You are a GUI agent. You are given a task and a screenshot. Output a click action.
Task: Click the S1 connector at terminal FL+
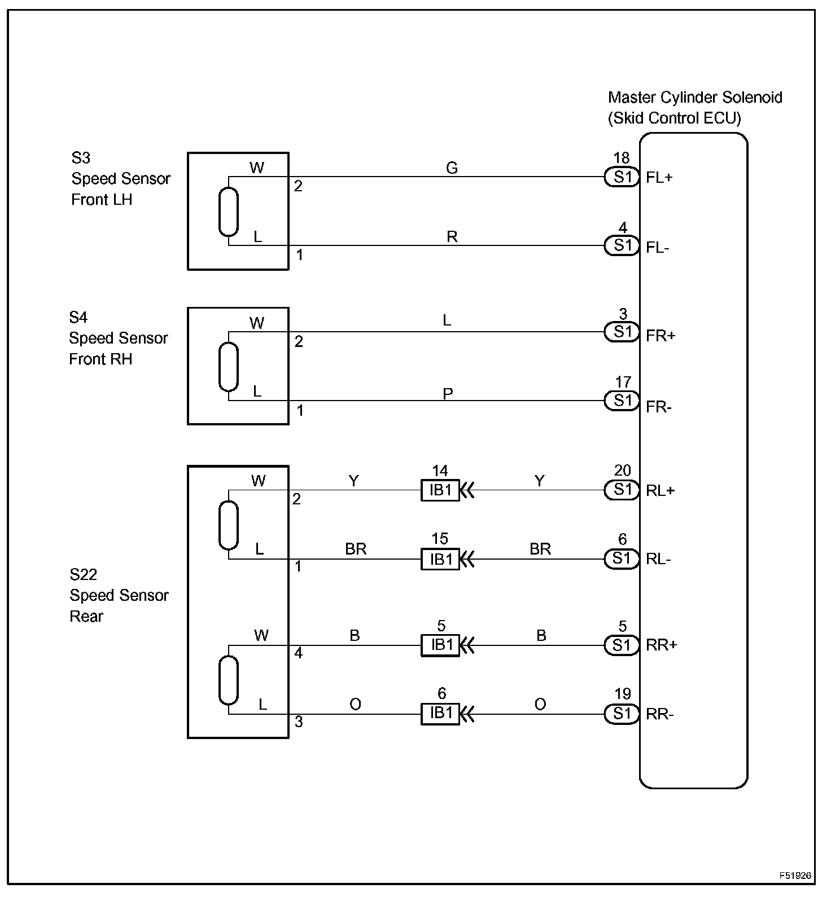(622, 177)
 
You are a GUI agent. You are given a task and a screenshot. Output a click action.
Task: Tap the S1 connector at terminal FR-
(622, 401)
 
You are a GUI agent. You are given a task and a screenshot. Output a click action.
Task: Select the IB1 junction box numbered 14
(440, 490)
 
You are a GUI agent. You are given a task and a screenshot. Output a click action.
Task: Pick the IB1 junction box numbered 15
(440, 559)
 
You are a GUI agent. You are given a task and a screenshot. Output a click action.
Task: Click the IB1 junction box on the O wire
(440, 714)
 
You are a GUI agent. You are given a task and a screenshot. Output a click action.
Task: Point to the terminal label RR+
(661, 645)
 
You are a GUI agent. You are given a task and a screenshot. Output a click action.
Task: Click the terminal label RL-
(658, 559)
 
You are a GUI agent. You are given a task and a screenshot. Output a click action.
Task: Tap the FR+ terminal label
(661, 336)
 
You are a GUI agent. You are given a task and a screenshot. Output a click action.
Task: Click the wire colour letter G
(452, 168)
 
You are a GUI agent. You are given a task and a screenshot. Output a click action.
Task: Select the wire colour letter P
(448, 393)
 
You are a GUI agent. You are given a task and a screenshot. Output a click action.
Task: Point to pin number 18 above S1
(621, 158)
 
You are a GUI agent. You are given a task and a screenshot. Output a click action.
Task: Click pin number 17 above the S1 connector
(623, 382)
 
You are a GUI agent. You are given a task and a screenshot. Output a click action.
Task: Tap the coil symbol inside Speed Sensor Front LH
(229, 212)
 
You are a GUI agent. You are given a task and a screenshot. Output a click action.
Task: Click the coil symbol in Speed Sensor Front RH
(229, 367)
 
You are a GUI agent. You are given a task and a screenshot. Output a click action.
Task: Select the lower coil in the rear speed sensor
(229, 680)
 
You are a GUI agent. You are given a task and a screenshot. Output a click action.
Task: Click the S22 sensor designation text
(83, 574)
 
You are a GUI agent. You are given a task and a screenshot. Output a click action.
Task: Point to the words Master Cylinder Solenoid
(695, 98)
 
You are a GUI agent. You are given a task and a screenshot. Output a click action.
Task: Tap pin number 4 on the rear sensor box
(299, 653)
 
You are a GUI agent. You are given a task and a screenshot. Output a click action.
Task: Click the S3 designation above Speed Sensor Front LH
(80, 157)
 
